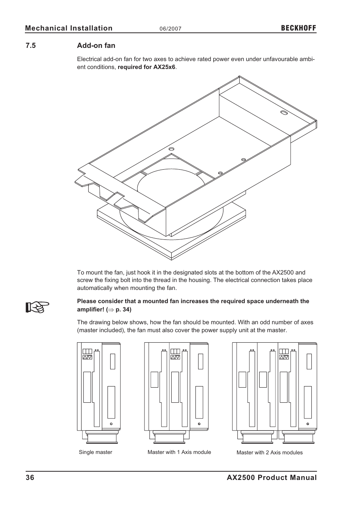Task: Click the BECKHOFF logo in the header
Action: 298,28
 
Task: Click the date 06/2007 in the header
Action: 171,29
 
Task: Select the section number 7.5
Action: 31,46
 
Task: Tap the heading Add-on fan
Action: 96,46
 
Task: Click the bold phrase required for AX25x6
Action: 146,67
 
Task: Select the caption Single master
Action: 95,452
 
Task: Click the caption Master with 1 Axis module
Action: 179,452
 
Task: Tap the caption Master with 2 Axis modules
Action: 269,452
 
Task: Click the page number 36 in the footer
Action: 30,478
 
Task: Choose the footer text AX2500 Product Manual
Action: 272,478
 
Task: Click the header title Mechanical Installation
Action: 69,28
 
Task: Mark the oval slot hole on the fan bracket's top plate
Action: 284,112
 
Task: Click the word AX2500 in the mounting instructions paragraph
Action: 283,272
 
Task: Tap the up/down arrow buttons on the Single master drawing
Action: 88,357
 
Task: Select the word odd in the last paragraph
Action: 263,322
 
